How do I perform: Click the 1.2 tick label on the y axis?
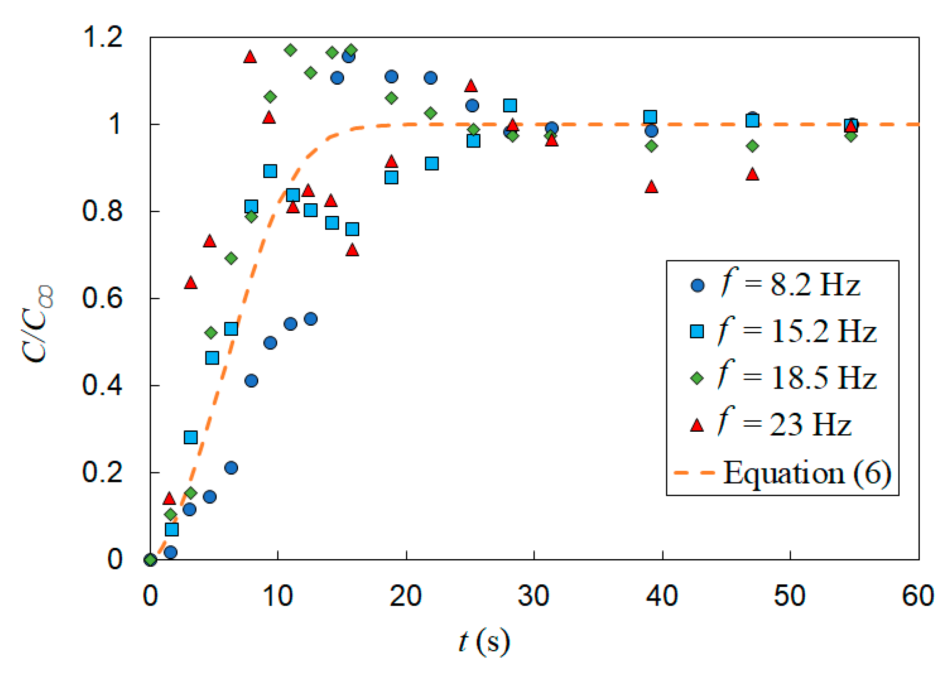[103, 37]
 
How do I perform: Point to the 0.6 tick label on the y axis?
[103, 298]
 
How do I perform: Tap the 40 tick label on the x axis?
[662, 596]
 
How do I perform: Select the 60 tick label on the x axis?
[918, 596]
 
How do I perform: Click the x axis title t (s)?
[484, 642]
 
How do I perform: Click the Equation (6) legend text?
[807, 472]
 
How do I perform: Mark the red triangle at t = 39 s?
[651, 187]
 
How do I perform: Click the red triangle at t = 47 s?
[753, 174]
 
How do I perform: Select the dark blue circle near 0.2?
[231, 467]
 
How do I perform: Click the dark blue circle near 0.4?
[251, 381]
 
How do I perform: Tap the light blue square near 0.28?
[191, 437]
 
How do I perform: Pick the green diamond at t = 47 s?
[753, 146]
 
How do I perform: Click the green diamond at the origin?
[151, 560]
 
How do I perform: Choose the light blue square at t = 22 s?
[432, 163]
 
